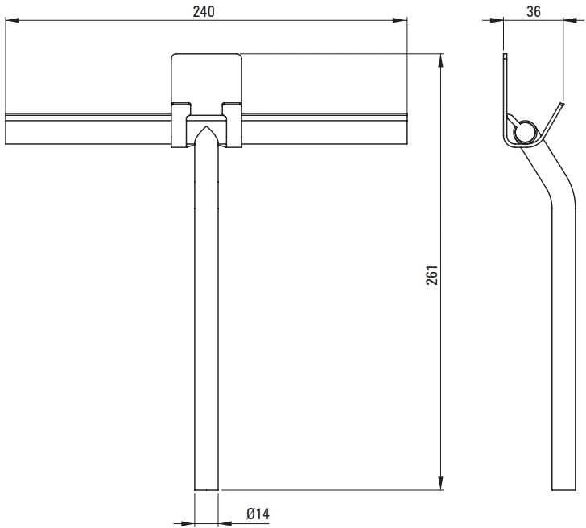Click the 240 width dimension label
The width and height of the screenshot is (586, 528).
[204, 12]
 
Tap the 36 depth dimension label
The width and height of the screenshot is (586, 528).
[534, 11]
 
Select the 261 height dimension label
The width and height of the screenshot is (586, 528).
[432, 275]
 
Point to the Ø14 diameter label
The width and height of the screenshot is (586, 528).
[258, 514]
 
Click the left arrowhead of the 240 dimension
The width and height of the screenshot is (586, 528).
[12, 20]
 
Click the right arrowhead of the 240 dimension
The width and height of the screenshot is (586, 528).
[400, 20]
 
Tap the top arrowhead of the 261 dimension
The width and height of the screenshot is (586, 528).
[441, 60]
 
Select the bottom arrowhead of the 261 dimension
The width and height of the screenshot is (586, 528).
[441, 483]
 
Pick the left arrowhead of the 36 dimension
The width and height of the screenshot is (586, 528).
[497, 20]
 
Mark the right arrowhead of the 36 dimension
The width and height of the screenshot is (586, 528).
[570, 20]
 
